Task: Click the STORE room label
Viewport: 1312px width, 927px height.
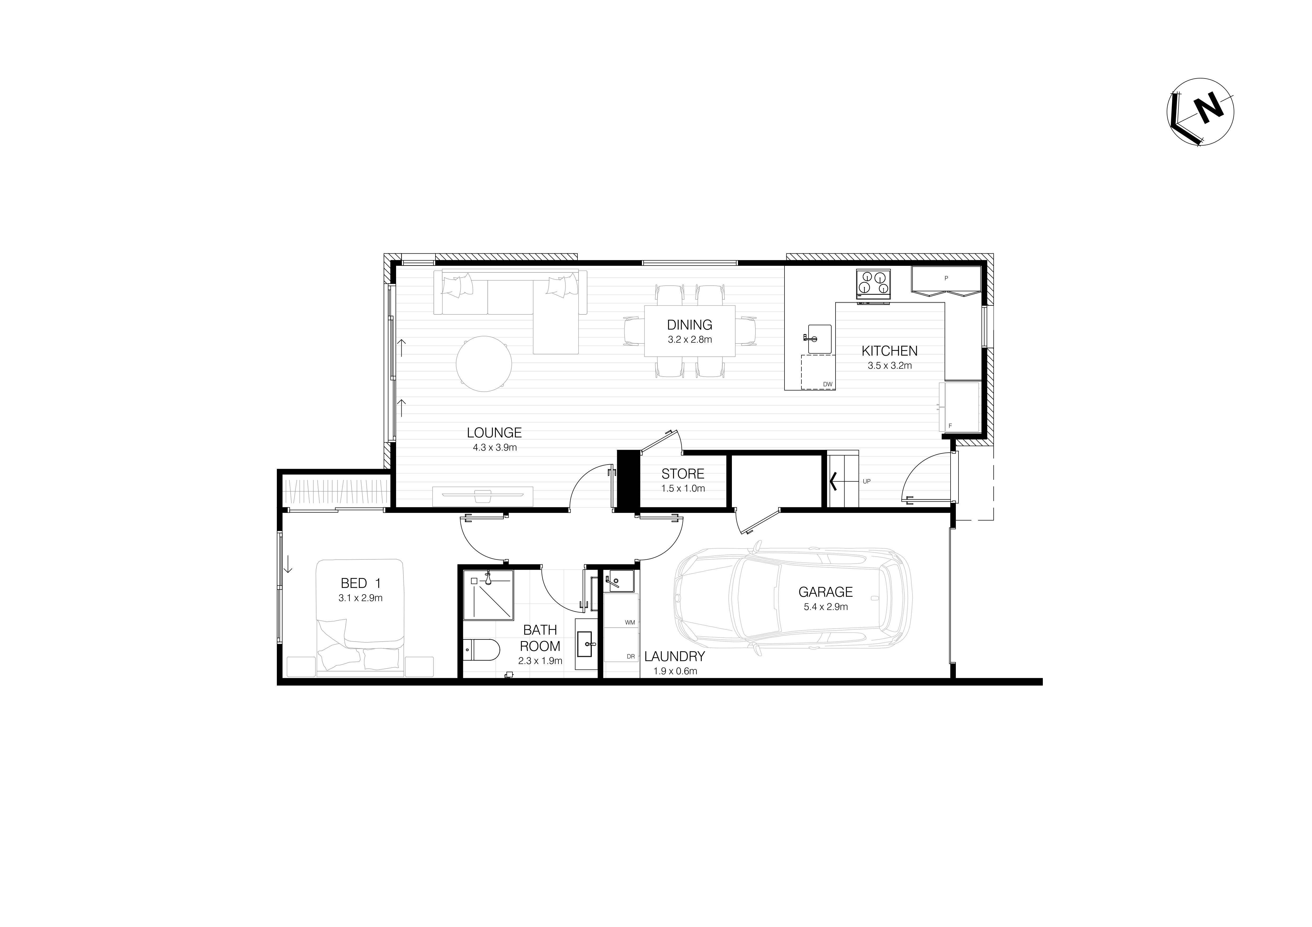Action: point(683,474)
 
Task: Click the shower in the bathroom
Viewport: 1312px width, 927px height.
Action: point(488,595)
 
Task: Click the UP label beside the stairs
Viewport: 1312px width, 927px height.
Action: point(866,481)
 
